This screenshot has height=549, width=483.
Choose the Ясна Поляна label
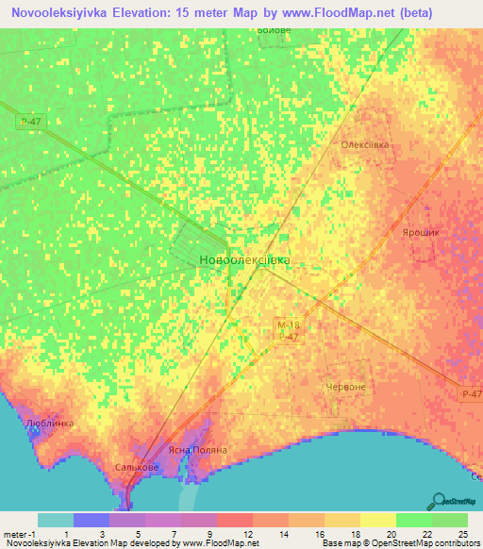[x=196, y=450]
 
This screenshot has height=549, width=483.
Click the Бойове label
[x=274, y=29]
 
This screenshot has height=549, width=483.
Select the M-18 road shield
[x=288, y=324]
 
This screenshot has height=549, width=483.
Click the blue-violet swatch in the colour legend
[x=92, y=520]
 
